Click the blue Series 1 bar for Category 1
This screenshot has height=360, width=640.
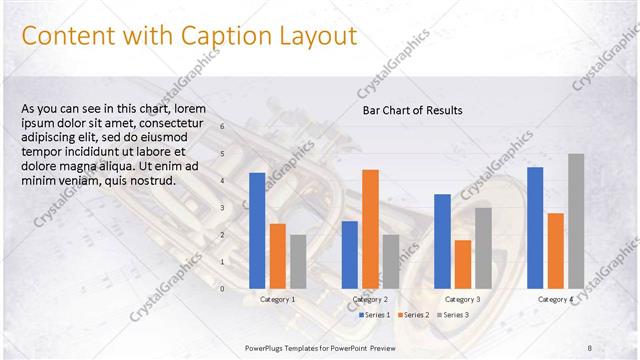[257, 230]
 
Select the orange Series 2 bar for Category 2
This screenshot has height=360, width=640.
[370, 228]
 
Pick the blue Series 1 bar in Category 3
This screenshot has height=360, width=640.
[442, 241]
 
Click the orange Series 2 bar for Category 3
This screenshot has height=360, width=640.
[462, 264]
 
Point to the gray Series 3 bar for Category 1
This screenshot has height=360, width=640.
[297, 261]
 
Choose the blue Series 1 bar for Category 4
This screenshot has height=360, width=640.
[535, 227]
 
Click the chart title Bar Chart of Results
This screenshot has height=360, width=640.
[412, 110]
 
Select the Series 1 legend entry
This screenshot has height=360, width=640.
[374, 315]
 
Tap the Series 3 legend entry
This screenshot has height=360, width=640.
[452, 315]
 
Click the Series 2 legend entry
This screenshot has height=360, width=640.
[413, 315]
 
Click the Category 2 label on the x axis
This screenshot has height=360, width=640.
[370, 299]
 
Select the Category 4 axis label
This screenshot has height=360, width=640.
[555, 299]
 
